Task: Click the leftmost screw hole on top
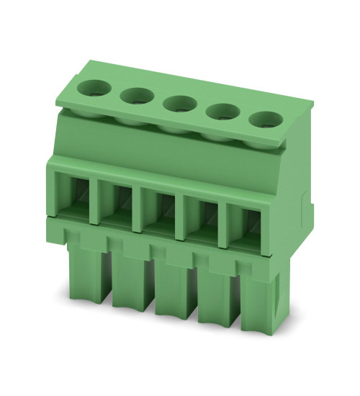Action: point(94,89)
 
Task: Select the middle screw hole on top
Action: point(177,103)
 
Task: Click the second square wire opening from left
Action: point(117,201)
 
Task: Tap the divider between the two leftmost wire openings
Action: point(94,199)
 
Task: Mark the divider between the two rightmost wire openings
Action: point(226,217)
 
